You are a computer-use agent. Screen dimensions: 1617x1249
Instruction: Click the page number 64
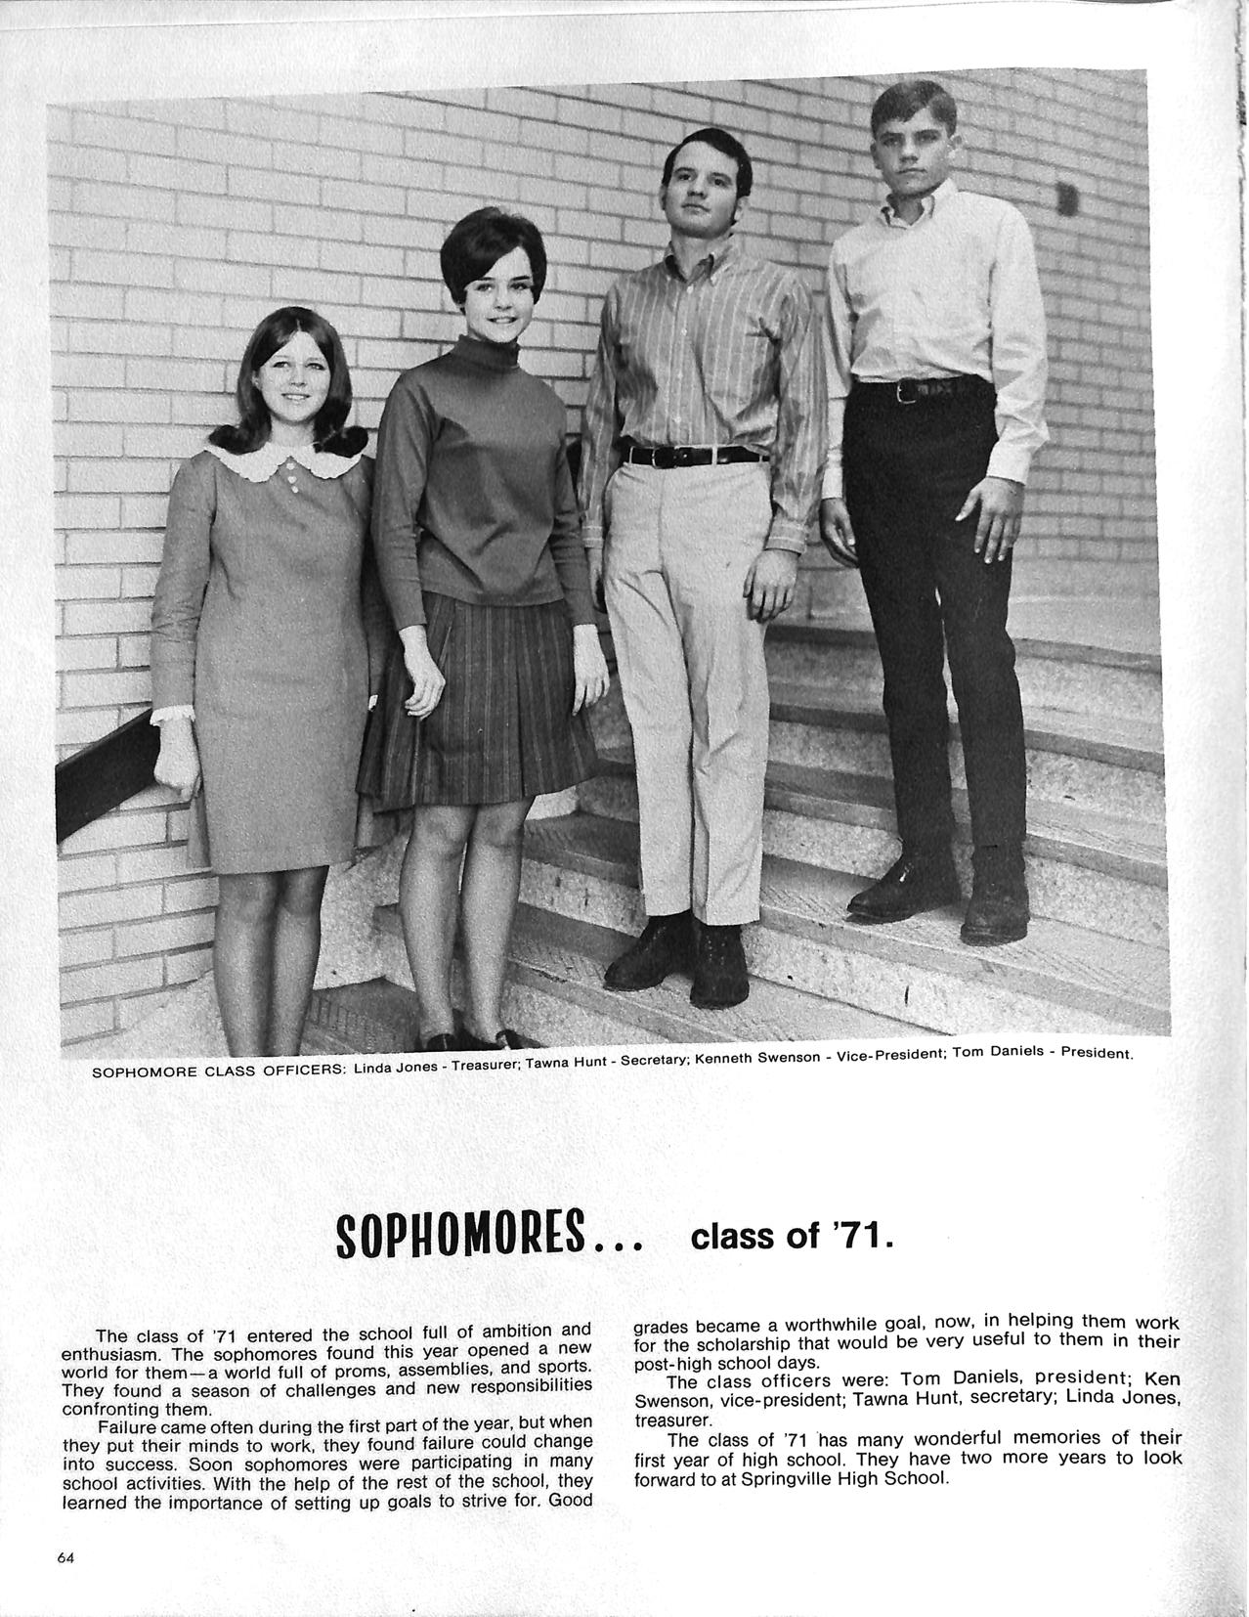coord(66,1558)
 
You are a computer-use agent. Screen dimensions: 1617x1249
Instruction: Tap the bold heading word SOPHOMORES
coord(459,1236)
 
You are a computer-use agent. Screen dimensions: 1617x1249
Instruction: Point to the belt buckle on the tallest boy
coord(906,393)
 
